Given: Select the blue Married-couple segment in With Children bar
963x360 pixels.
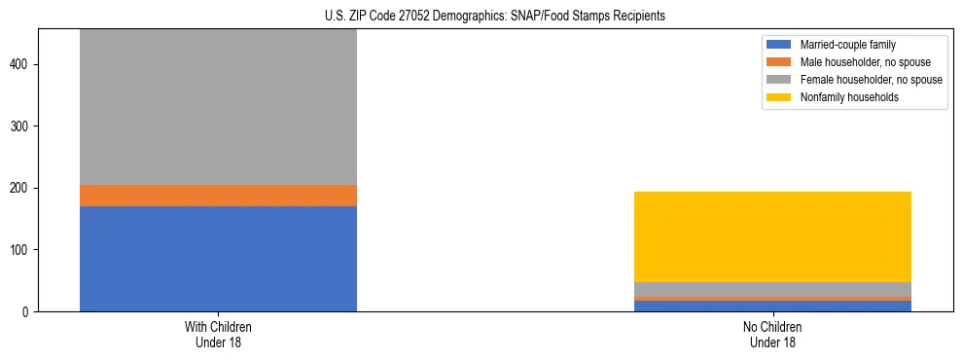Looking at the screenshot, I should tap(218, 258).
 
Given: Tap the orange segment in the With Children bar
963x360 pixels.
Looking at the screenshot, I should tap(218, 196).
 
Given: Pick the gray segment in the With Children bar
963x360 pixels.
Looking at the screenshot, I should tap(218, 107).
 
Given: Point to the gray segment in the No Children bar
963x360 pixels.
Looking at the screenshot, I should tap(772, 289).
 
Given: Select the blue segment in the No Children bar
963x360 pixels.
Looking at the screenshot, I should tap(772, 306).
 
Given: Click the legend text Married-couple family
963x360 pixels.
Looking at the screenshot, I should tap(847, 45).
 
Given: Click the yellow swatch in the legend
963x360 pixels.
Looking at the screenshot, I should tap(779, 97).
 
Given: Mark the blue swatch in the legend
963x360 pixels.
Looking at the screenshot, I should tap(779, 45).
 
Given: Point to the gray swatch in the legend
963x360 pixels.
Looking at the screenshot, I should tap(779, 80).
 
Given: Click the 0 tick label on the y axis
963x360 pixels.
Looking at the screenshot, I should tap(26, 312).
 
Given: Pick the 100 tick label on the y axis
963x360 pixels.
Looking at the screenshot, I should tap(19, 250).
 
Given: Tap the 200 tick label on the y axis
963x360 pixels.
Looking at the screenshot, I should tap(19, 188).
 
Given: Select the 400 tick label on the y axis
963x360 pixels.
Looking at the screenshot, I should tap(19, 64).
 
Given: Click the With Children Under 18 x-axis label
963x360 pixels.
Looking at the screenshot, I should tap(218, 334).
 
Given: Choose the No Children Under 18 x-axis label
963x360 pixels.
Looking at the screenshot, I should tap(772, 334).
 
